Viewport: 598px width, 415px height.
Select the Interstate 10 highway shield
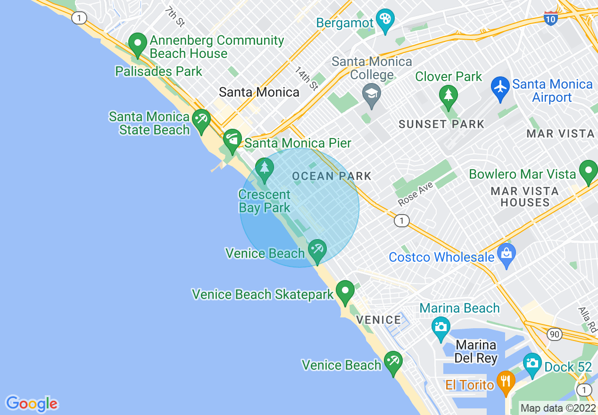coord(550,17)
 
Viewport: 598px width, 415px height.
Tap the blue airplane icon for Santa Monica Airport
coord(500,87)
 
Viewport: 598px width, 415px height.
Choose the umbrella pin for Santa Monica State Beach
coord(201,120)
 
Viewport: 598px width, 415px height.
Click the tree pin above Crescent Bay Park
coord(264,169)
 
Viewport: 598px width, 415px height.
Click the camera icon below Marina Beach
coord(441,326)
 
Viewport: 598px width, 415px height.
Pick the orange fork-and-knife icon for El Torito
coord(506,381)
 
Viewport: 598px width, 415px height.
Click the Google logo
coord(32,404)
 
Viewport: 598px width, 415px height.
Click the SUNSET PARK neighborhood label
coord(441,124)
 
